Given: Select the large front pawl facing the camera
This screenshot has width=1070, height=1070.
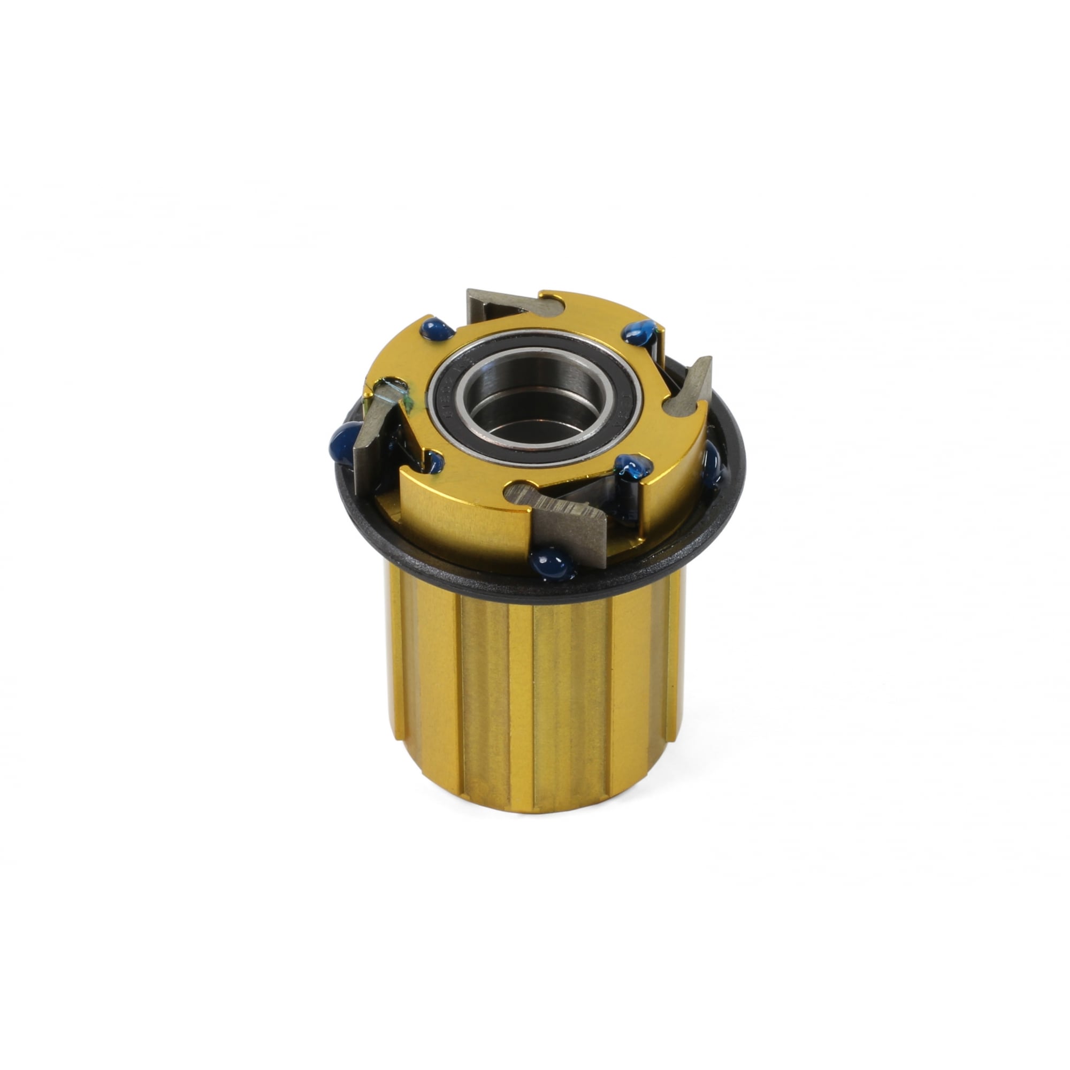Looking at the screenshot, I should coord(570,523).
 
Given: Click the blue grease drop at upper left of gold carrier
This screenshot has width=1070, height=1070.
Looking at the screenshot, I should coord(437,330).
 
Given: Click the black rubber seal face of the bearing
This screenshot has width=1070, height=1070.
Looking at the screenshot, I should coord(612,424).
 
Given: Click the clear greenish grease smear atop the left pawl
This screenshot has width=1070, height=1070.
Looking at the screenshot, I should coord(394,388).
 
